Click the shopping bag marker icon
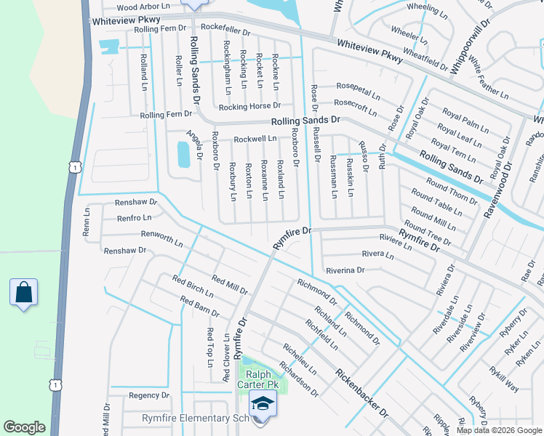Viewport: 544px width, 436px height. pos(24,293)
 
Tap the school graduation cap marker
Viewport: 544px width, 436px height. pos(263,403)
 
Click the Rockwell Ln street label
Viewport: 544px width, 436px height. pos(254,138)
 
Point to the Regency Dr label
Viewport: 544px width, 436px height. pos(148,395)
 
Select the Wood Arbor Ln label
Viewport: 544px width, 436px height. pos(143,6)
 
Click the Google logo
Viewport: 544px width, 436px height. pos(24,427)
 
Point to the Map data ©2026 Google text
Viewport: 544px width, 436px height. pos(500,430)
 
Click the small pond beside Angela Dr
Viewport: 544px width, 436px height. pos(183,153)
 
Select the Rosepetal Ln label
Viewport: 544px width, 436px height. pos(358,94)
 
